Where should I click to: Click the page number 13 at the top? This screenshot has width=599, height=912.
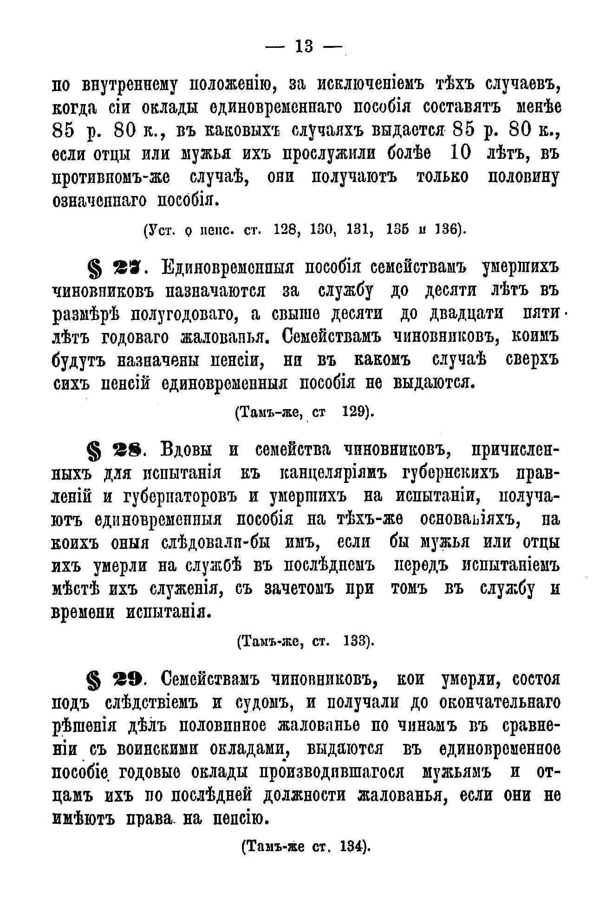pyautogui.click(x=304, y=46)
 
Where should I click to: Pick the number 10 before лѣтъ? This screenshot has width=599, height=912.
pyautogui.click(x=460, y=153)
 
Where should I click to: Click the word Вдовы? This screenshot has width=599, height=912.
pyautogui.click(x=186, y=450)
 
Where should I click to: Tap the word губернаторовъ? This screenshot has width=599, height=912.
pyautogui.click(x=181, y=496)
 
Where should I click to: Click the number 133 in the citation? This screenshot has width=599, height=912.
pyautogui.click(x=356, y=641)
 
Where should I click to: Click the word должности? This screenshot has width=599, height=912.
pyautogui.click(x=304, y=795)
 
